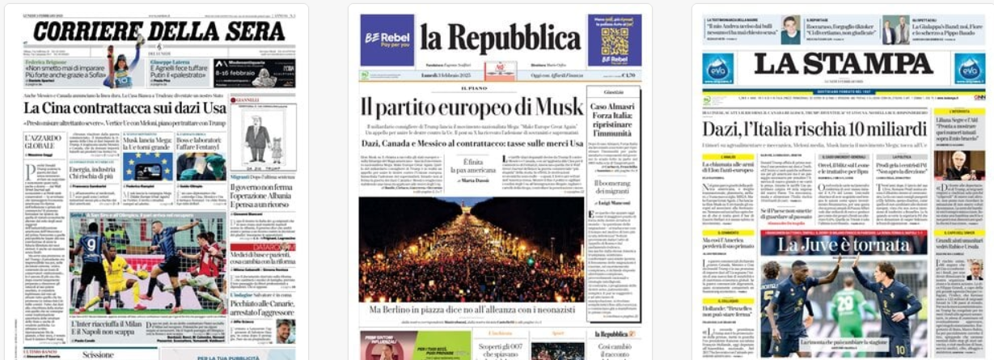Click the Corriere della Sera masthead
pyautogui.click(x=159, y=32)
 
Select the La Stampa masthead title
pyautogui.click(x=844, y=65)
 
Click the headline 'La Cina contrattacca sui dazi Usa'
pyautogui.click(x=125, y=108)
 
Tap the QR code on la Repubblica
pyautogui.click(x=615, y=38)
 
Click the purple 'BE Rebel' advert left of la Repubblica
pyautogui.click(x=387, y=40)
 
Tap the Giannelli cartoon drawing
pyautogui.click(x=262, y=138)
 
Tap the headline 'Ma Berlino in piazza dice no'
pyautogui.click(x=471, y=311)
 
